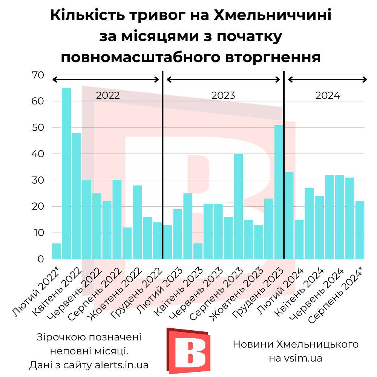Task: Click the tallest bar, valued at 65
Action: (66, 173)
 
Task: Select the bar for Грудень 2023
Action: (279, 192)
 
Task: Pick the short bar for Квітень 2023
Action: (198, 251)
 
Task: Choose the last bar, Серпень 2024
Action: (360, 230)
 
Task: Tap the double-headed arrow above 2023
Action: (223, 80)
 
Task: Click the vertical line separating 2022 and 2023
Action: (162, 166)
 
